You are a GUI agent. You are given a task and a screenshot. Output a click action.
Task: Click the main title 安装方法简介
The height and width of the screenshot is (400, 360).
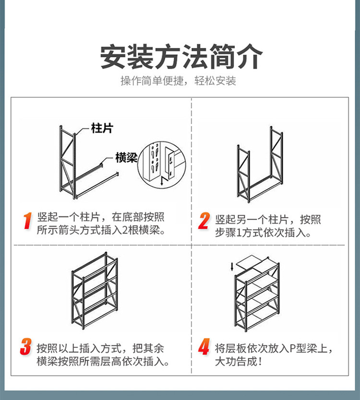[181, 57]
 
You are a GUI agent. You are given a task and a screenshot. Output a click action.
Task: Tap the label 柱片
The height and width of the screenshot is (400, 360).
[102, 128]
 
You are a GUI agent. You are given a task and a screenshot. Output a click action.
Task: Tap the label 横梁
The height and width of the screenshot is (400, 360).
[126, 158]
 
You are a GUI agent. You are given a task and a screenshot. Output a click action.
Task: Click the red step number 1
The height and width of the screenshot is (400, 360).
[27, 221]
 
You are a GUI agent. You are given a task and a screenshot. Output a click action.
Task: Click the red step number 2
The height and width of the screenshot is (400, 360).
[204, 221]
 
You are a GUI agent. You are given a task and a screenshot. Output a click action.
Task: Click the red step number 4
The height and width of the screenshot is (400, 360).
[204, 346]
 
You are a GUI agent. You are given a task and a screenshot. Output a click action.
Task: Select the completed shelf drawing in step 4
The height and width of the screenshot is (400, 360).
[257, 296]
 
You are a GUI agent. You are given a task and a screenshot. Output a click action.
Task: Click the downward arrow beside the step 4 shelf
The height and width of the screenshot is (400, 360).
[233, 266]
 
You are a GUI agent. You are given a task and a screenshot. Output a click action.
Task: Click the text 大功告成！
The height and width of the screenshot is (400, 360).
[239, 361]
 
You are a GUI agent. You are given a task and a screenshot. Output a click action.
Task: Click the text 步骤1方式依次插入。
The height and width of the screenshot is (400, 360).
[263, 233]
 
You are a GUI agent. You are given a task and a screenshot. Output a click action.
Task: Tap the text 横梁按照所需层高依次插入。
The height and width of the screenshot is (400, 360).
[103, 361]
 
